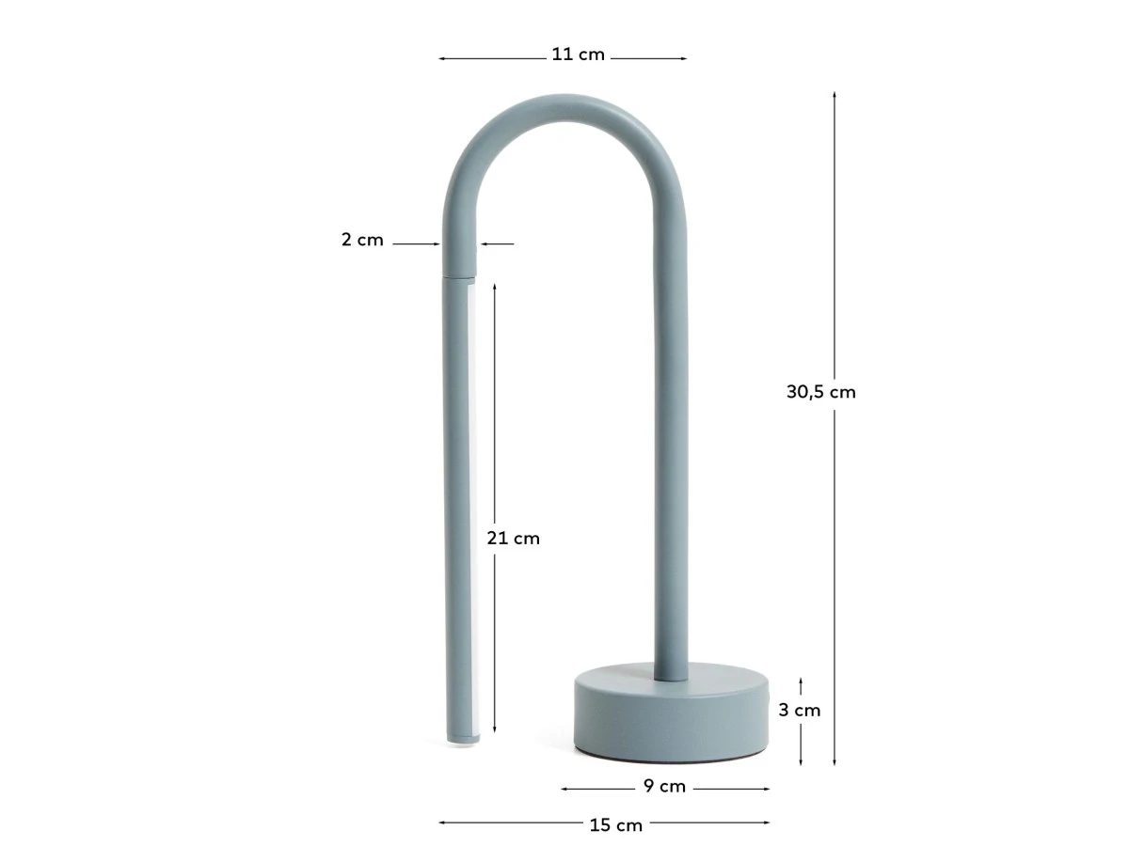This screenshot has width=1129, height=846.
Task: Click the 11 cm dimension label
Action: (578, 55)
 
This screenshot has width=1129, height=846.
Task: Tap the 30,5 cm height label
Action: (820, 392)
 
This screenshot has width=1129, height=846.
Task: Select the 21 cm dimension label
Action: (513, 539)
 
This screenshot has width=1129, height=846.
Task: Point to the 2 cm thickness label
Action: (362, 240)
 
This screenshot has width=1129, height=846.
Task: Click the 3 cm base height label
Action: (799, 711)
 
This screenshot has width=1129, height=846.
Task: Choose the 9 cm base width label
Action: (664, 787)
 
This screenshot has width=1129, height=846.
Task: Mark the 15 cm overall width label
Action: (615, 825)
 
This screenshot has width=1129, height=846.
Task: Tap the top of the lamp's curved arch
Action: (564, 108)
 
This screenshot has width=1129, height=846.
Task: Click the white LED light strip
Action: (470, 509)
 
